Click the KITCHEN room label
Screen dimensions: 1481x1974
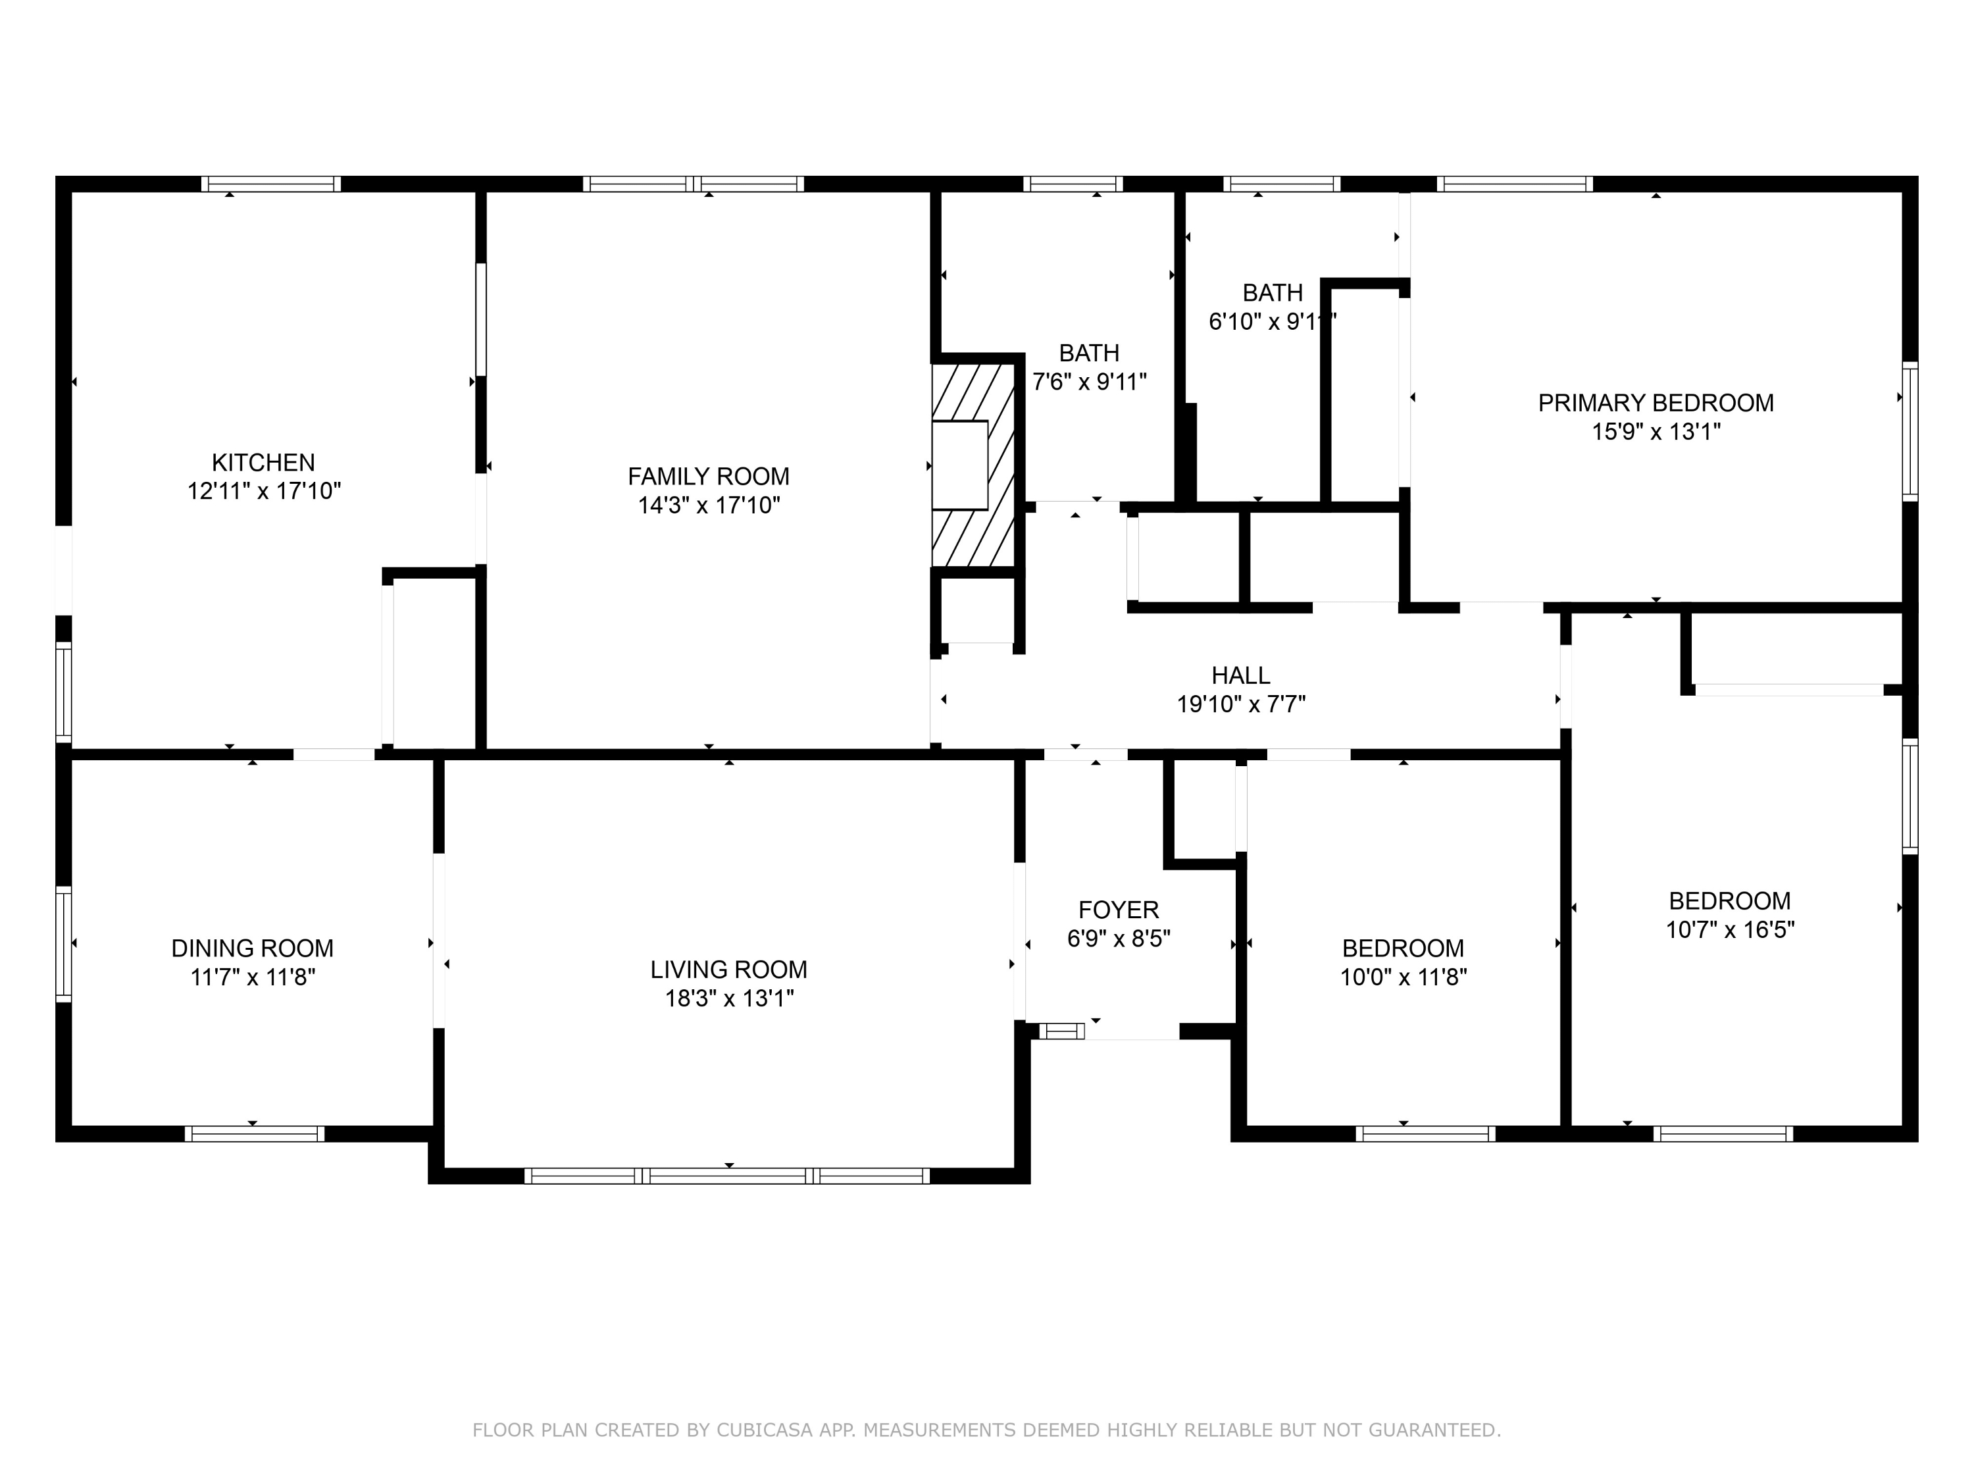(x=263, y=463)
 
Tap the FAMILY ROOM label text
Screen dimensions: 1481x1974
(x=709, y=477)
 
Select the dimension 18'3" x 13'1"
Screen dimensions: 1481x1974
(x=729, y=998)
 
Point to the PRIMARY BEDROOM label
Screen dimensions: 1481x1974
(x=1656, y=403)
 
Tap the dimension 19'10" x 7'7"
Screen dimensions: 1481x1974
(x=1240, y=704)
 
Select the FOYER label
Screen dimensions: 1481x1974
(x=1118, y=910)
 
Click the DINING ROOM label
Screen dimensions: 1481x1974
(x=253, y=948)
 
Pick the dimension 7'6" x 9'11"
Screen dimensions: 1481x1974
(x=1089, y=382)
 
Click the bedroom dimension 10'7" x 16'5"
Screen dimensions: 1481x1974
(x=1729, y=929)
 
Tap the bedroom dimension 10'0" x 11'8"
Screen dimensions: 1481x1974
(x=1403, y=977)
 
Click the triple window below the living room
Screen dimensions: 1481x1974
(x=727, y=1176)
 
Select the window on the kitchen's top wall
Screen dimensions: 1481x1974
(x=270, y=184)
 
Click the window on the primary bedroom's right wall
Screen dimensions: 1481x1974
(x=1909, y=431)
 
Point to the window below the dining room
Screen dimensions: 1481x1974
(x=255, y=1133)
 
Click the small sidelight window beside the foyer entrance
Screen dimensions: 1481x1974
(x=1061, y=1031)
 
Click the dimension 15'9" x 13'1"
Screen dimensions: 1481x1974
(x=1656, y=432)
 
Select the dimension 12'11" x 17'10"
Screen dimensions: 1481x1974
(x=263, y=491)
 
